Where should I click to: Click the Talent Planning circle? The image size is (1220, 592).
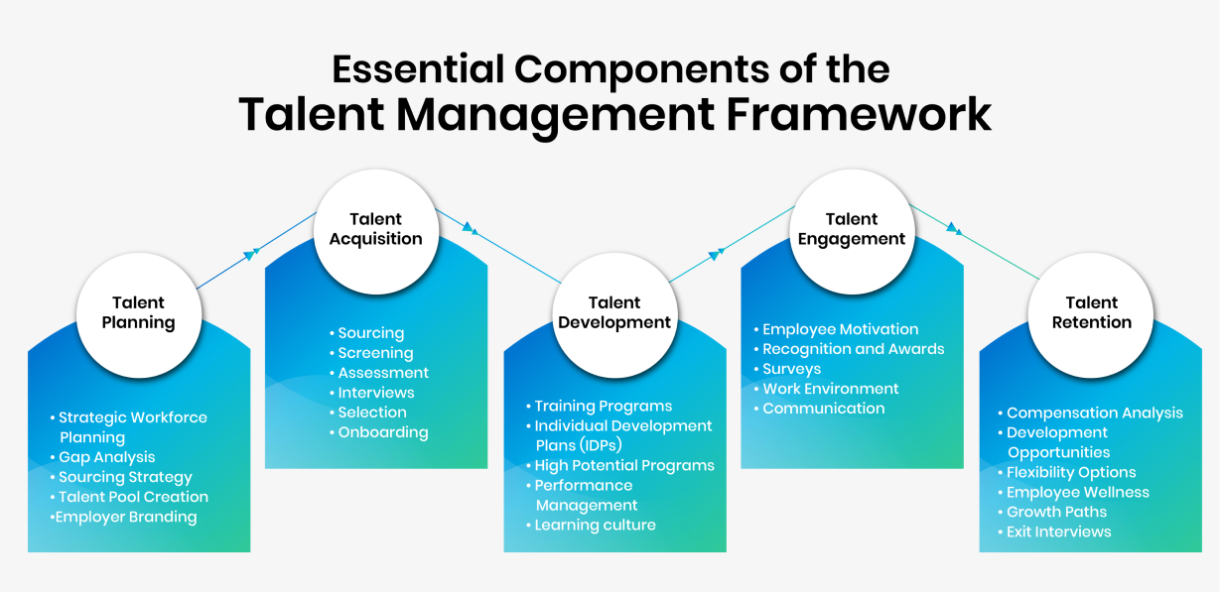pyautogui.click(x=138, y=313)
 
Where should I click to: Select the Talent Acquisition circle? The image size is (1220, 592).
pyautogui.click(x=376, y=229)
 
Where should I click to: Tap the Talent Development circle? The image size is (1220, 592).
pyautogui.click(x=614, y=313)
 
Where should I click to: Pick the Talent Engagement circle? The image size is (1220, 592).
pyautogui.click(x=852, y=229)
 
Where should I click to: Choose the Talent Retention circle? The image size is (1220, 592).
pyautogui.click(x=1091, y=313)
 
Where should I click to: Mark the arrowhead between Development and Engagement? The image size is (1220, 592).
pyautogui.click(x=714, y=255)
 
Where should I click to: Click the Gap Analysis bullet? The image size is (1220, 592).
pyautogui.click(x=106, y=457)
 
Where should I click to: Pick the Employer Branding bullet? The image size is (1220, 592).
pyautogui.click(x=126, y=517)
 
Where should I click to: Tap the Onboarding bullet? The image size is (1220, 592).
pyautogui.click(x=382, y=432)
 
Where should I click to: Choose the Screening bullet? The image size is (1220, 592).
pyautogui.click(x=375, y=353)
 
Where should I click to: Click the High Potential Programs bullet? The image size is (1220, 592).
pyautogui.click(x=623, y=465)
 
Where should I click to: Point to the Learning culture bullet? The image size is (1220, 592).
pyautogui.click(x=595, y=525)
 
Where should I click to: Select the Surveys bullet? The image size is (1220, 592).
pyautogui.click(x=791, y=369)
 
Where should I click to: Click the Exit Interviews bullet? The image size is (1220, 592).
pyautogui.click(x=1058, y=532)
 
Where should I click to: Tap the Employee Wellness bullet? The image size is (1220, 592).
pyautogui.click(x=1077, y=492)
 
